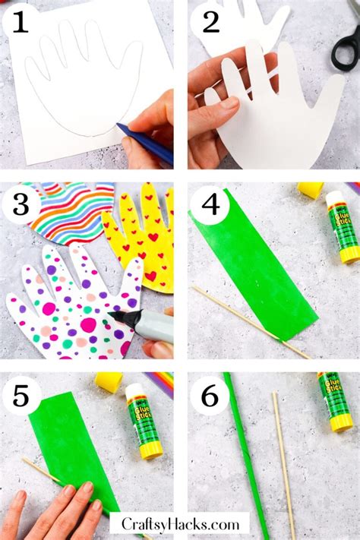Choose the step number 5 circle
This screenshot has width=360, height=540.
(21, 395)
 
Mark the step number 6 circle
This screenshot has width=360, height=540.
(210, 395)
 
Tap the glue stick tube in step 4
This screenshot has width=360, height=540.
(343, 228)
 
